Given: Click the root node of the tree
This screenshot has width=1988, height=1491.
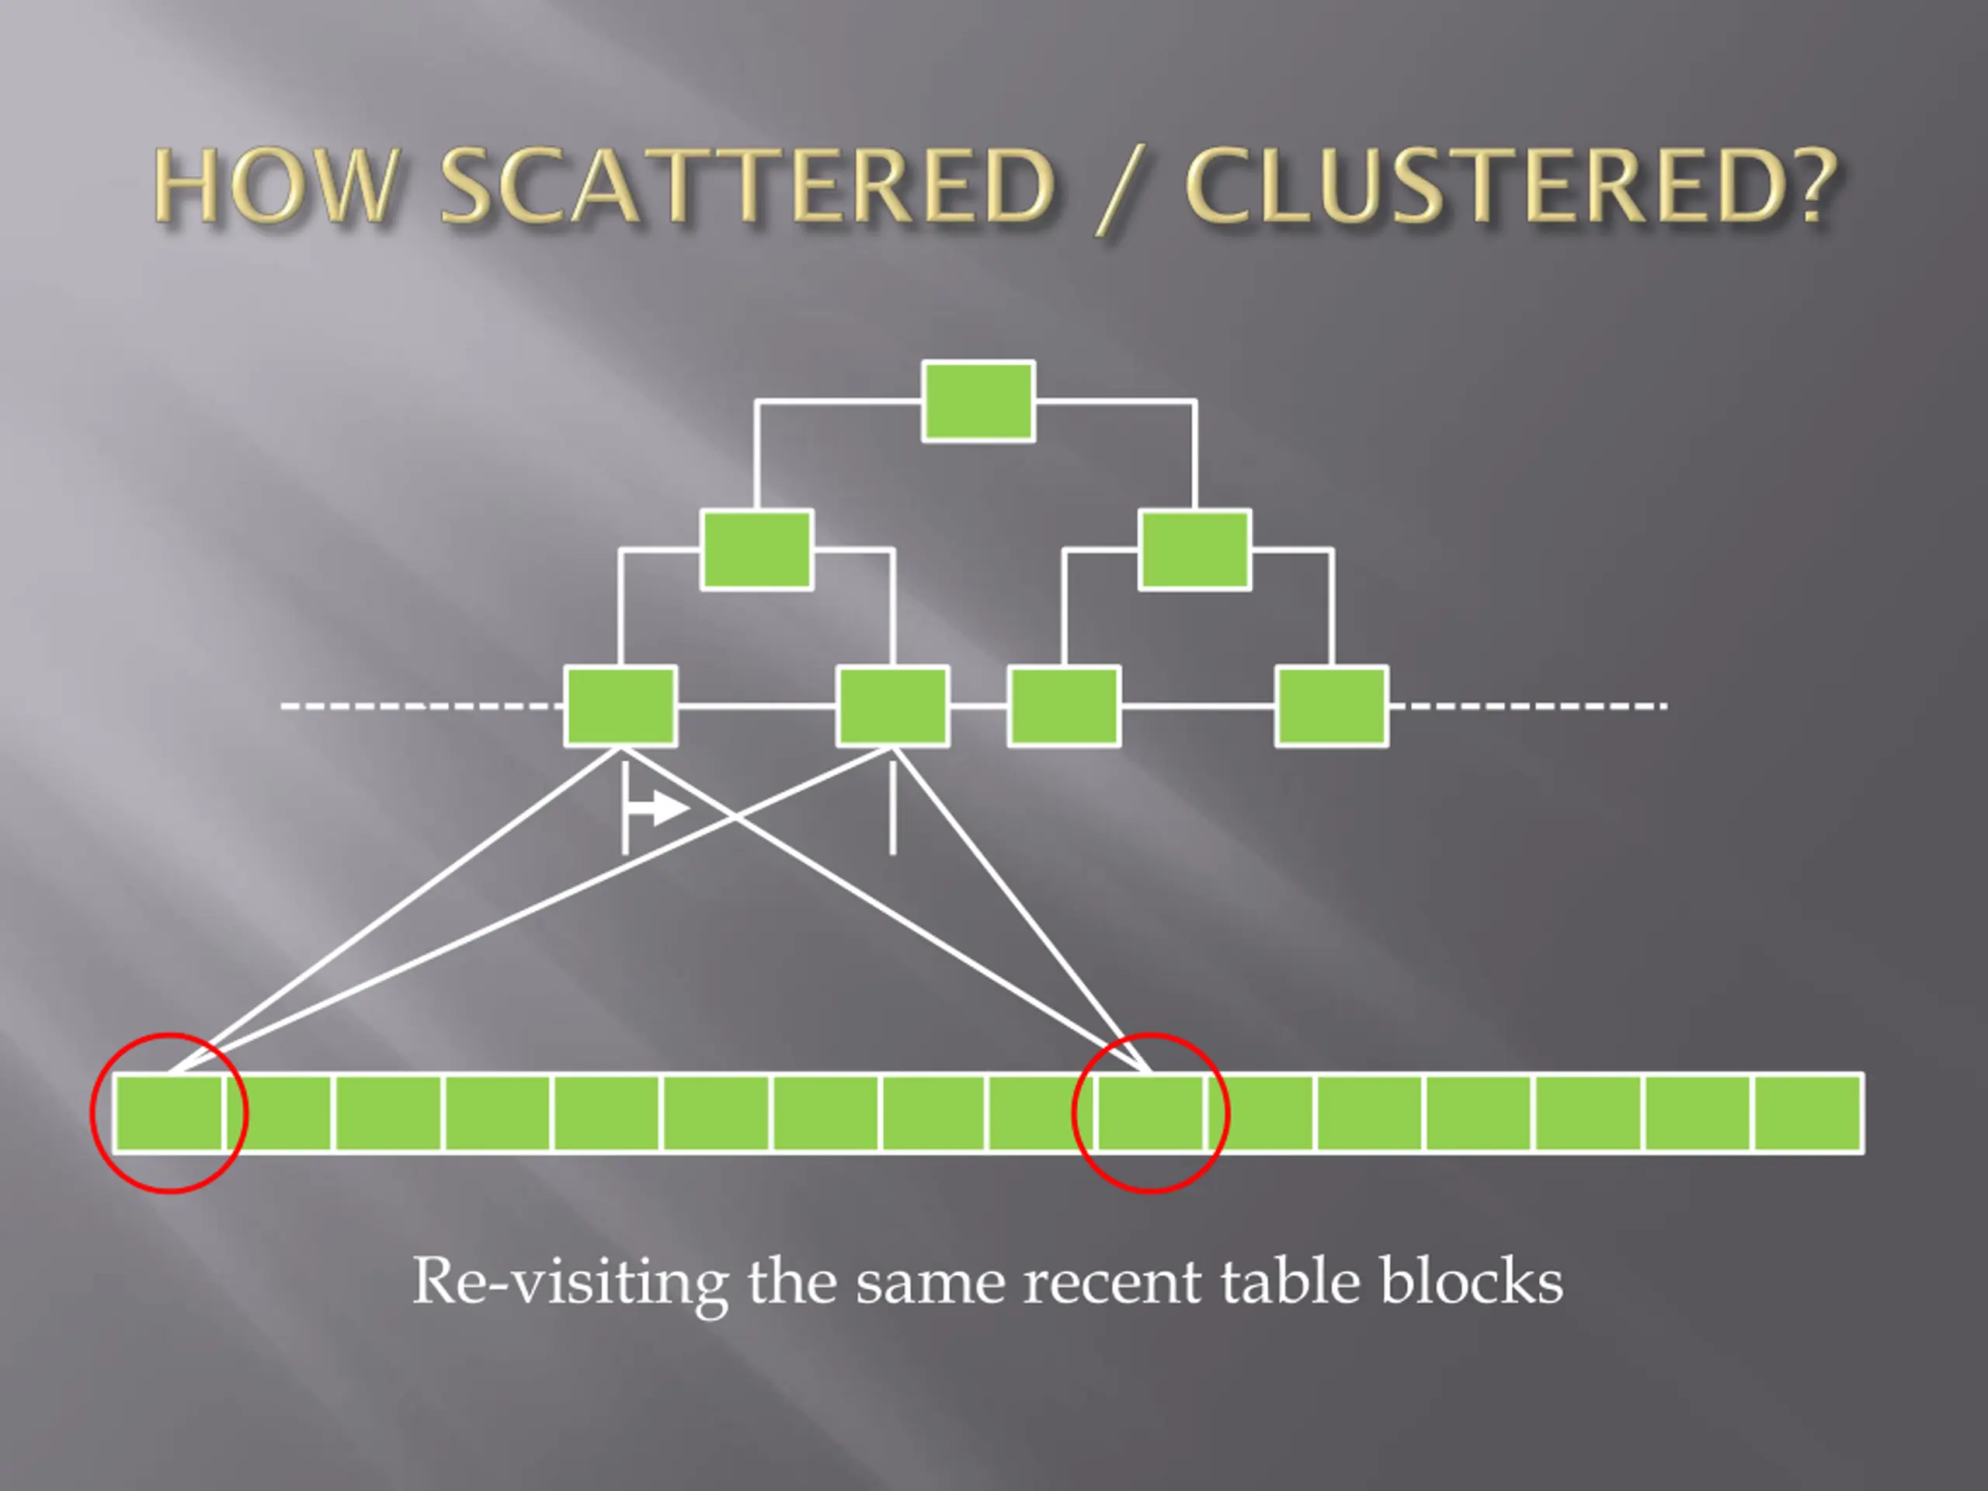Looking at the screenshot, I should coord(978,401).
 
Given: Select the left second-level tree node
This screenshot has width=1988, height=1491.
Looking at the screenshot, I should coord(756,549).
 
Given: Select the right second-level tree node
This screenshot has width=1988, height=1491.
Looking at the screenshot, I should coord(1194,549).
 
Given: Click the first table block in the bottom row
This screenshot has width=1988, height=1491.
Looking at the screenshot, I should coord(169,1113).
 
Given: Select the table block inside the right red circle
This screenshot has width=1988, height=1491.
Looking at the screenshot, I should coord(1150,1113).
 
